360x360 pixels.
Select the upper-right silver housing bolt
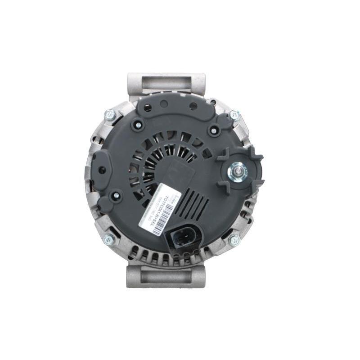click(x=234, y=115)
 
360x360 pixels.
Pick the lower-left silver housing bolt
click(x=109, y=239)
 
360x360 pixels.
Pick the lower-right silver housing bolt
click(x=234, y=240)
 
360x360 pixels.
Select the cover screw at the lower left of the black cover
click(x=116, y=196)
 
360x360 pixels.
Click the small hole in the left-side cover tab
click(x=102, y=170)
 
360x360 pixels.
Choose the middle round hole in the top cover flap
click(x=164, y=104)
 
